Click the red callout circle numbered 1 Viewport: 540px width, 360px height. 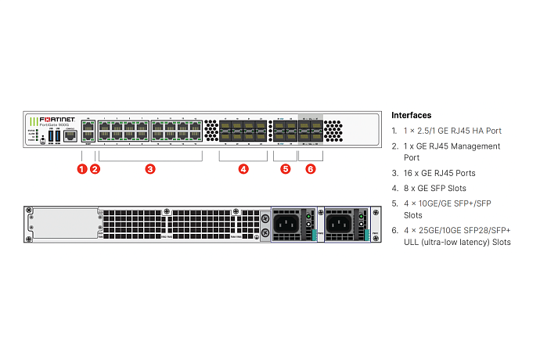pos(82,168)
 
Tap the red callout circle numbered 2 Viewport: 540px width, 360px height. pos(95,168)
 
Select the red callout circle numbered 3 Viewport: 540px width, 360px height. pos(150,168)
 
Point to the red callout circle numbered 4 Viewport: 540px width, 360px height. pos(243,168)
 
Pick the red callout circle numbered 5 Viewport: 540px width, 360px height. pos(285,168)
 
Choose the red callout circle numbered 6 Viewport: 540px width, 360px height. pos(311,168)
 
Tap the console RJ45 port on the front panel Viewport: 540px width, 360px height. pos(70,136)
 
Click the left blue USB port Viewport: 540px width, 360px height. pos(51,137)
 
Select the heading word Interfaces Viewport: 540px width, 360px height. pos(411,115)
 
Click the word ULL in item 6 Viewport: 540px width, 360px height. pos(411,242)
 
